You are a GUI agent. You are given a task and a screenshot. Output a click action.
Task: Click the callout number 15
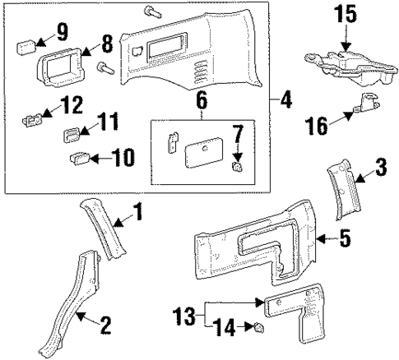[346, 15]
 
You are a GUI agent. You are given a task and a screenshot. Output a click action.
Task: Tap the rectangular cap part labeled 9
[26, 41]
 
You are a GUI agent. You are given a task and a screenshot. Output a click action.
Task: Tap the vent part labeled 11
[71, 132]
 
